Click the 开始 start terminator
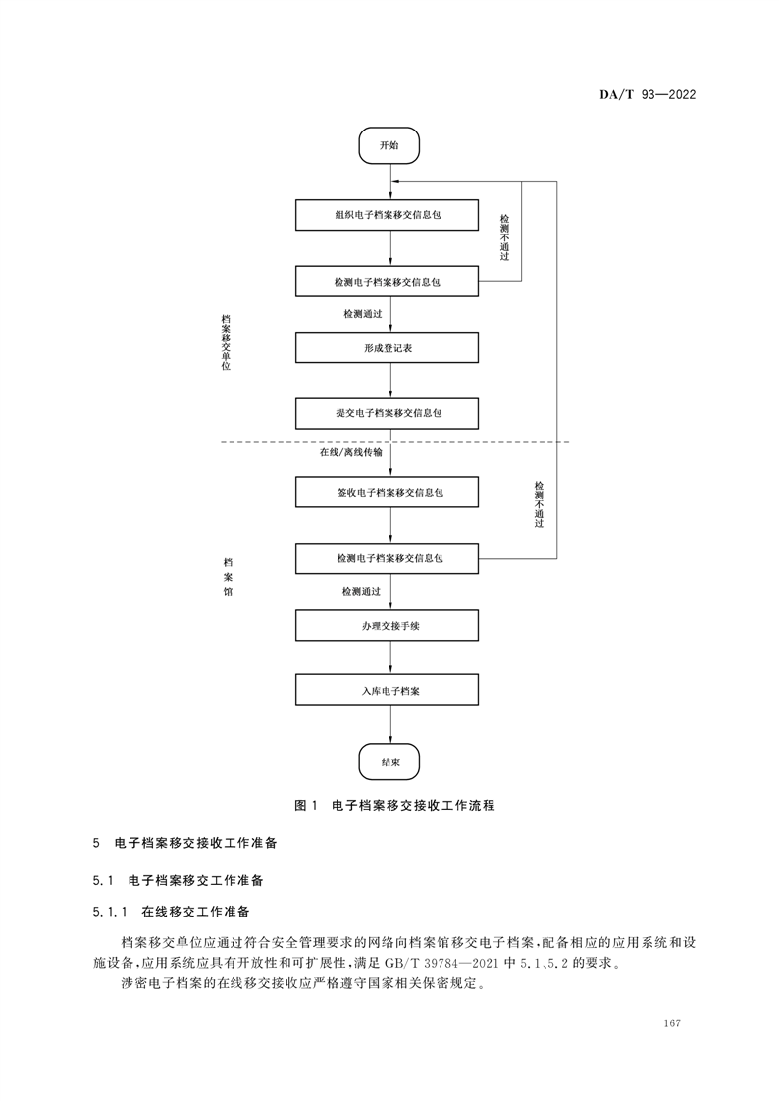[389, 145]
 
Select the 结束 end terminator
[389, 761]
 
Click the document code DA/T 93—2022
[647, 95]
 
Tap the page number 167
[672, 1023]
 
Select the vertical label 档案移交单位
[226, 342]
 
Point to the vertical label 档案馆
[228, 578]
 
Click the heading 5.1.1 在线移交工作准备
[172, 912]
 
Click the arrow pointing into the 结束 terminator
[390, 726]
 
